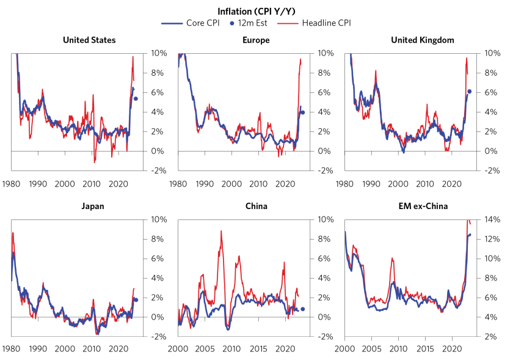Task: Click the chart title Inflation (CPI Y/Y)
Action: tap(256, 11)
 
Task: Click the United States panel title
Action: tap(89, 40)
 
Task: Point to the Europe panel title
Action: tap(256, 40)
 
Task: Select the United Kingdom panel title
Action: tap(423, 40)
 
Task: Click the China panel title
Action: tap(256, 206)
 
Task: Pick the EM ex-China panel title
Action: tap(423, 206)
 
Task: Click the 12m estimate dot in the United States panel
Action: tap(136, 98)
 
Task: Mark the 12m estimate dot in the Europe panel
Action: tap(302, 112)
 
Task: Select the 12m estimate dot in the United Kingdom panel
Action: tap(469, 91)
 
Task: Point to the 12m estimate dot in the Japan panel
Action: tap(136, 299)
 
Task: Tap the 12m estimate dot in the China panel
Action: tap(302, 309)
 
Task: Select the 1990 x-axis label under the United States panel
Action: tap(38, 183)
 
